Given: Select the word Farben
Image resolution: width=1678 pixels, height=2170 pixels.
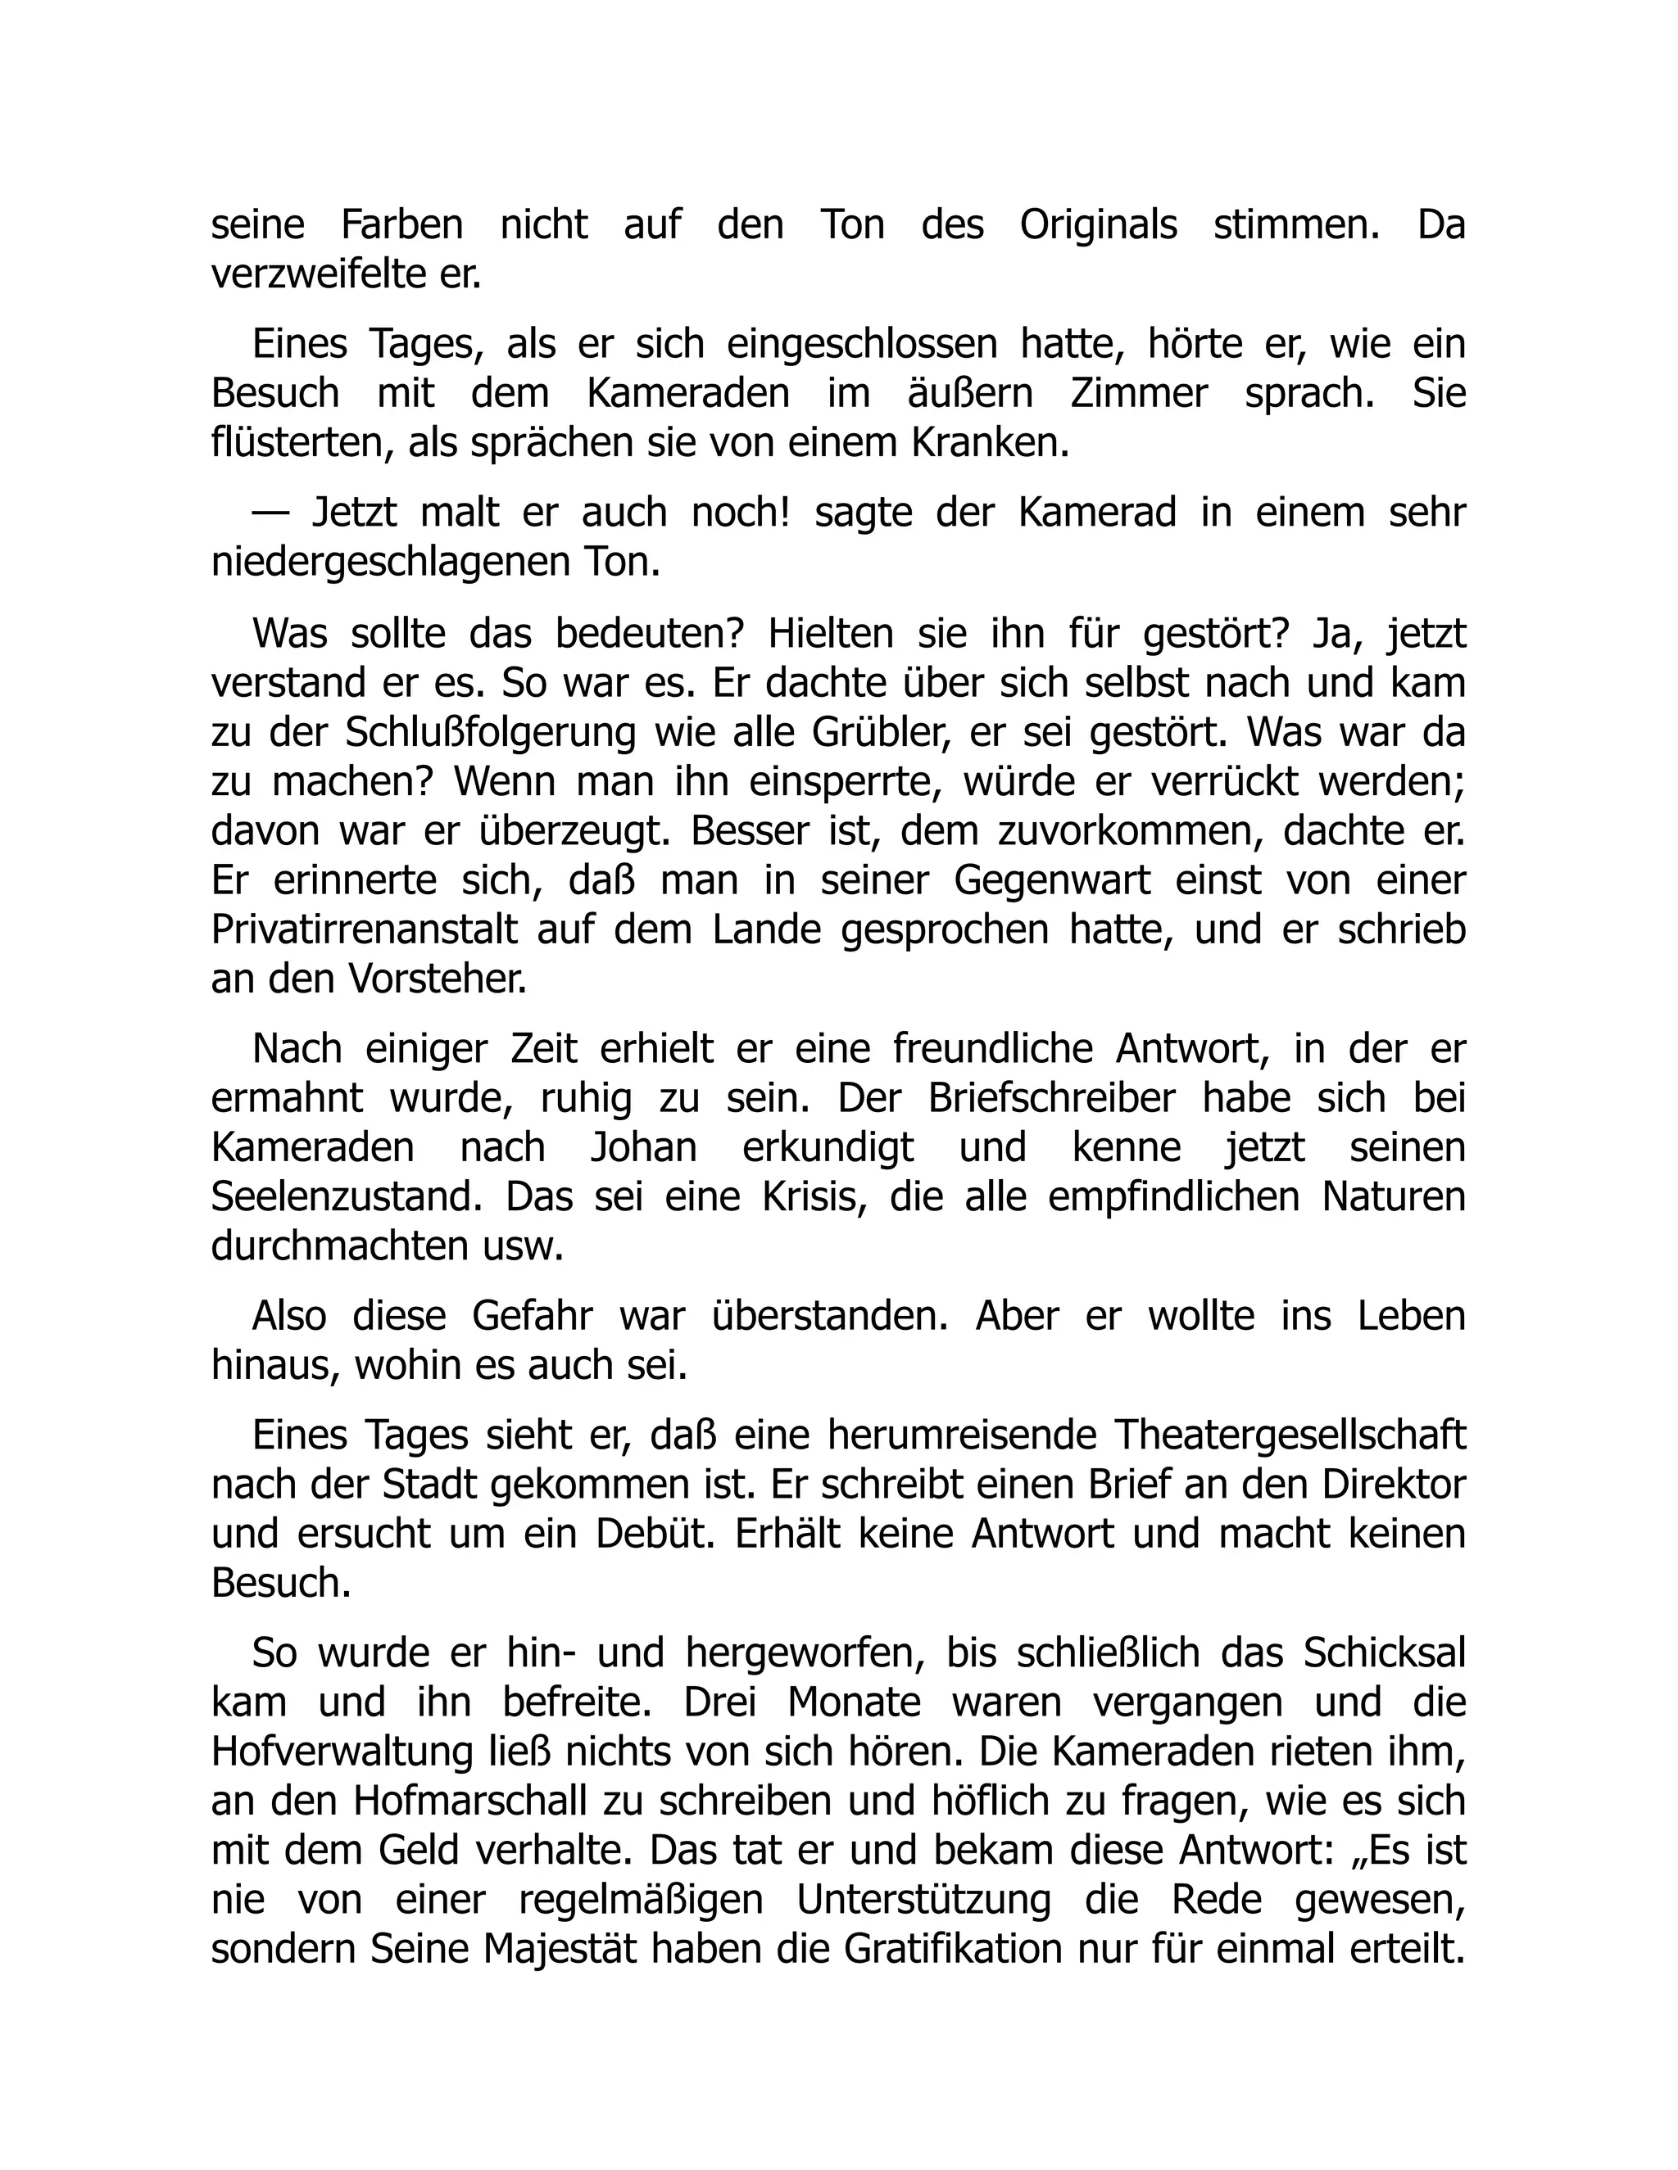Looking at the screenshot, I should [x=401, y=225].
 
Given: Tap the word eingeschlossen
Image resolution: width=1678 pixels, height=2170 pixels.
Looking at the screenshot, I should [x=862, y=345].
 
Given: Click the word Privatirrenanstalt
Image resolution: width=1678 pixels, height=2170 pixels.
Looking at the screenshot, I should [x=365, y=930].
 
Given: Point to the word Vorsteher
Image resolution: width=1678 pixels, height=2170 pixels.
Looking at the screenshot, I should [x=437, y=979].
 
